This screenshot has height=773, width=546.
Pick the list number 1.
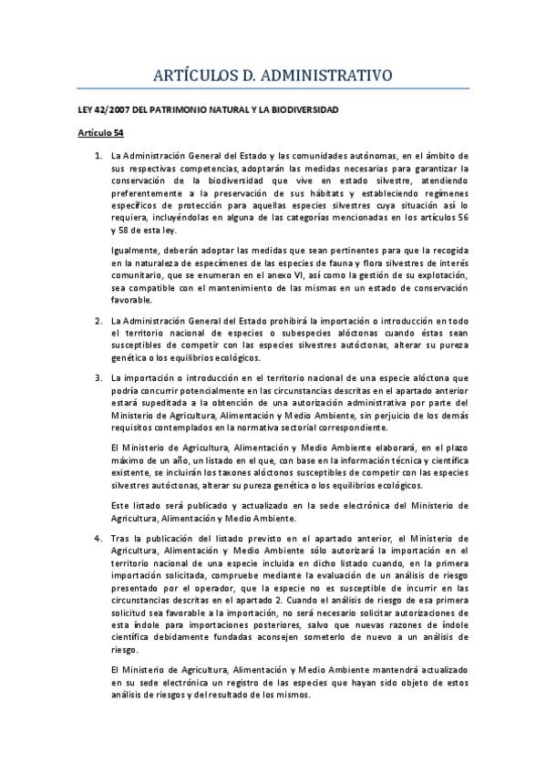point(98,157)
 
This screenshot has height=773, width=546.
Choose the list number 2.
point(98,320)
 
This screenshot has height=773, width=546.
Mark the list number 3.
point(98,377)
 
